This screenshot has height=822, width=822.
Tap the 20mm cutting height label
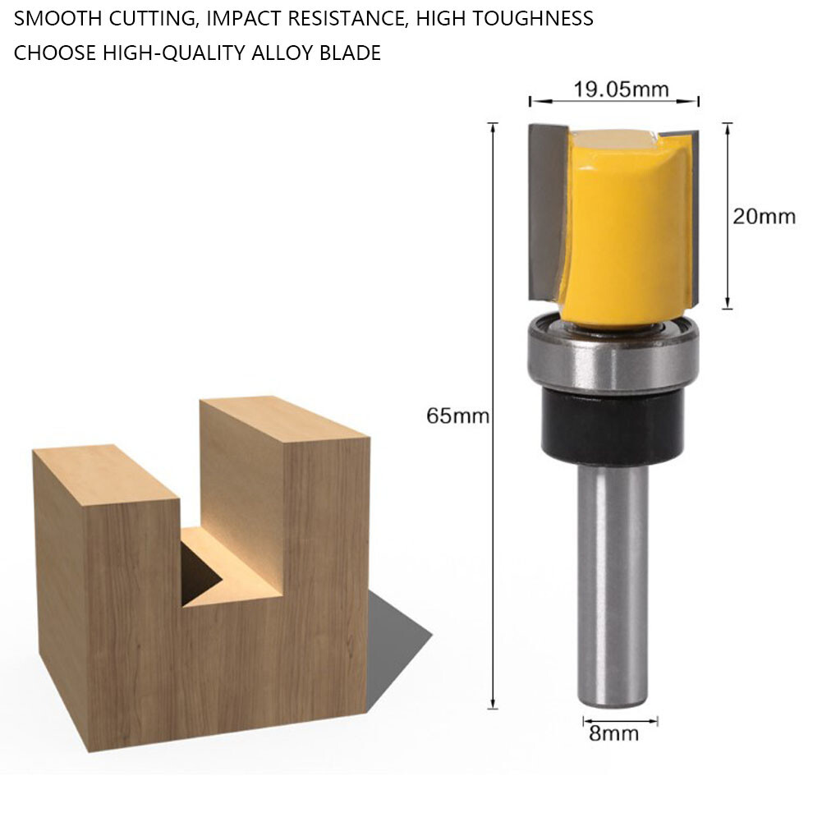pyautogui.click(x=764, y=216)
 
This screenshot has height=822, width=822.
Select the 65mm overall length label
pyautogui.click(x=457, y=416)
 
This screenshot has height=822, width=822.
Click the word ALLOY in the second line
pyautogui.click(x=291, y=54)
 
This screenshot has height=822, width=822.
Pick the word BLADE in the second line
pyautogui.click(x=354, y=54)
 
